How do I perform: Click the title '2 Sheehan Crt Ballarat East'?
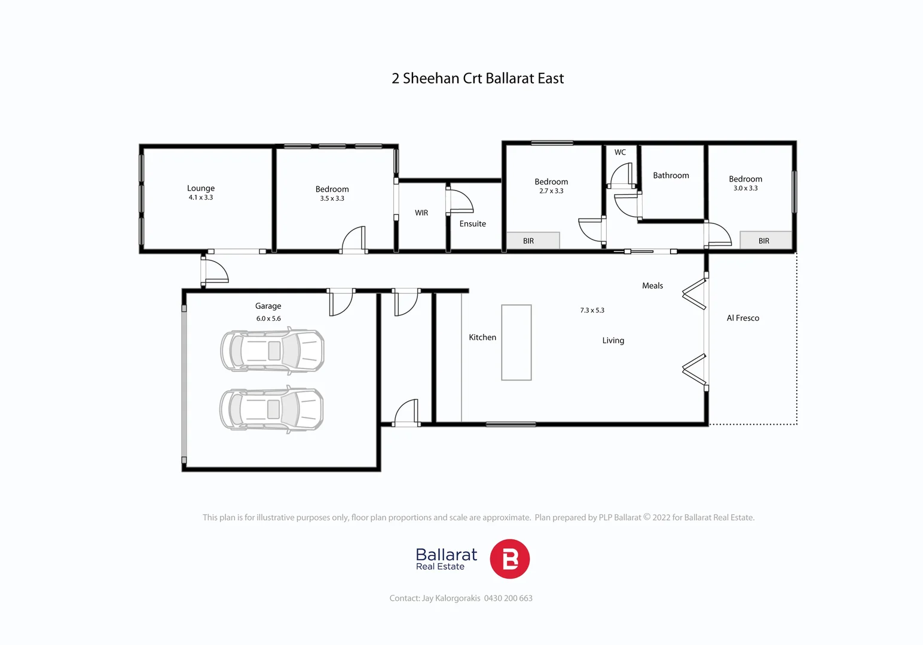pos(477,79)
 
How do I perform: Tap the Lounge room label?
pos(201,188)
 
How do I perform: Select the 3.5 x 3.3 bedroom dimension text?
pos(332,198)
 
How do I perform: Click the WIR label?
pos(421,213)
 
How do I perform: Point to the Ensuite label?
pos(472,224)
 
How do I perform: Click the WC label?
pos(620,152)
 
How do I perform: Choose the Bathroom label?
pos(671,176)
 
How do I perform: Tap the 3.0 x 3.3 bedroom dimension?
pos(745,188)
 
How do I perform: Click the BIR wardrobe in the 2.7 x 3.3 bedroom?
pos(533,241)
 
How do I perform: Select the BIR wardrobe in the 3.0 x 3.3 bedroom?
pos(765,241)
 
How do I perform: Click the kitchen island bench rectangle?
pos(516,342)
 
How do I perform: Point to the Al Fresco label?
pos(742,318)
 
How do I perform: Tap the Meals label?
pos(652,286)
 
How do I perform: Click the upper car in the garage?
pos(273,351)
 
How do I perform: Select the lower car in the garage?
pos(272,409)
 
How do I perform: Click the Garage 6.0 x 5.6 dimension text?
pos(268,319)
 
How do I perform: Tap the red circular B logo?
pos(509,559)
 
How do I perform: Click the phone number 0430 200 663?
pos(508,598)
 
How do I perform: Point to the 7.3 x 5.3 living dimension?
pos(592,311)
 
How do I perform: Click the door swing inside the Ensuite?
pos(460,201)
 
